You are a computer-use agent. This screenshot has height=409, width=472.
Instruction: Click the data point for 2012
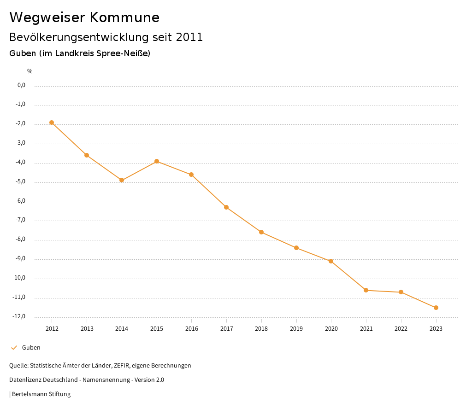[x=52, y=123]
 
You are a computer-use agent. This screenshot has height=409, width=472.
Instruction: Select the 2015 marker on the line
[x=157, y=161]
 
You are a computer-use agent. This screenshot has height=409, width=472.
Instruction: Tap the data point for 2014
[x=122, y=180]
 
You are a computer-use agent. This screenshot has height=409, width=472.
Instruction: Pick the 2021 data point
[x=366, y=290]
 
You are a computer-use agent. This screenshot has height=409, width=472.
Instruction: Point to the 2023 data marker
[x=436, y=308]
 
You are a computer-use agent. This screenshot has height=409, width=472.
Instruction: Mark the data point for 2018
[x=261, y=232]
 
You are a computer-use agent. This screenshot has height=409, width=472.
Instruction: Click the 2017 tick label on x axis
[x=226, y=328]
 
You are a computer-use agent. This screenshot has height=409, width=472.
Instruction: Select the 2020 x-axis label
[x=331, y=328]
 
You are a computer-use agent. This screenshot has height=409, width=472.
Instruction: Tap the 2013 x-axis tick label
[x=87, y=328]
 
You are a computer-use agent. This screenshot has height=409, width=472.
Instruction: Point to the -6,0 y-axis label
[x=20, y=201]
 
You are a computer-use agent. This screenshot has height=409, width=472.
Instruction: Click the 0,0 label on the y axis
[x=21, y=85]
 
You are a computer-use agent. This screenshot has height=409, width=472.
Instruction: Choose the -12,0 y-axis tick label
[x=19, y=316]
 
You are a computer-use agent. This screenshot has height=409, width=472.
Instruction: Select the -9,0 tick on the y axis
[x=20, y=258]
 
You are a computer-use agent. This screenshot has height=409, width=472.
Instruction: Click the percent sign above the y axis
[x=30, y=71]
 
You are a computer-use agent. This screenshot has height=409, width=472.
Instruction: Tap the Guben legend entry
[x=31, y=348]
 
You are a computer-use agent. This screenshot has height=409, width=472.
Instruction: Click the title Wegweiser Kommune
[x=84, y=18]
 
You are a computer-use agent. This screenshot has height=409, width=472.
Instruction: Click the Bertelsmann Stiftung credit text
[x=41, y=394]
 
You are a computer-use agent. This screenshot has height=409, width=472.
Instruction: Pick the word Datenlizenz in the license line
[x=24, y=380]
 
